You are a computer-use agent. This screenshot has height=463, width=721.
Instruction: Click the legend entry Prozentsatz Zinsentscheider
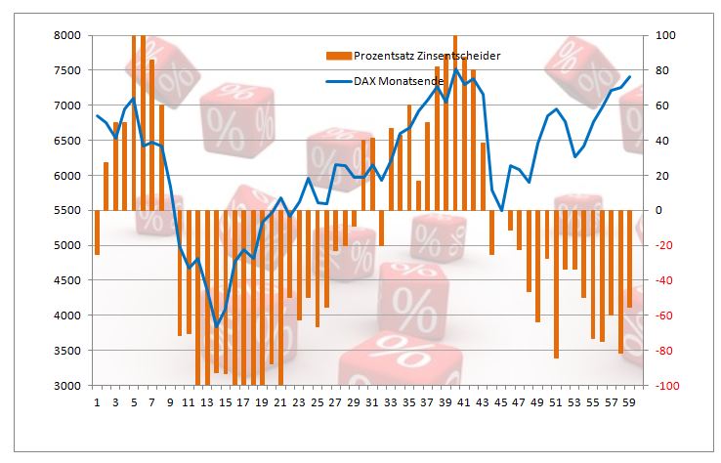click(x=427, y=56)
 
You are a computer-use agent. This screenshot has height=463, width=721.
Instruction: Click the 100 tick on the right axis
click(x=665, y=35)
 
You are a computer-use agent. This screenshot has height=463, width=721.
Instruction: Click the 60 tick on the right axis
click(x=661, y=105)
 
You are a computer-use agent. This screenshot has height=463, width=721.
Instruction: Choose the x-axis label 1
click(x=97, y=401)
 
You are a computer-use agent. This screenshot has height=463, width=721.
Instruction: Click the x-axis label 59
click(x=629, y=401)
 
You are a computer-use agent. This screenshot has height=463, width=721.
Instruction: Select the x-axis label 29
click(x=354, y=401)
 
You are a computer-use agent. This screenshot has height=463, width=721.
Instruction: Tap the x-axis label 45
click(x=501, y=401)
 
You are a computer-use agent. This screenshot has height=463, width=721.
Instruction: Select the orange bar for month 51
click(x=556, y=283)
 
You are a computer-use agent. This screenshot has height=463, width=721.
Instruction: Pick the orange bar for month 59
click(x=629, y=259)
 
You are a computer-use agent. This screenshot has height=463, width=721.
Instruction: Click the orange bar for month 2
click(x=106, y=186)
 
